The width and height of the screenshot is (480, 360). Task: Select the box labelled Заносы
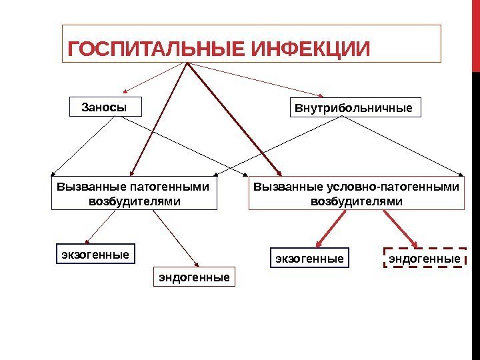pos(105,107)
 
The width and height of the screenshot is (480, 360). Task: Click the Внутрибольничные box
pos(357,107)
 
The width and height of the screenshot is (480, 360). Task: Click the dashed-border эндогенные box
pos(425,257)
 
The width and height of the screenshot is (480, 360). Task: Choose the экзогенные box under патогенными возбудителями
pos(94,255)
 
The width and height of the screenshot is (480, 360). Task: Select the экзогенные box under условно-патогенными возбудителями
pos(309,257)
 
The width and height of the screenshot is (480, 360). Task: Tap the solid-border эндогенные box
pos(195,276)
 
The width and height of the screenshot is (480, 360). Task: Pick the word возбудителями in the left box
pos(135,201)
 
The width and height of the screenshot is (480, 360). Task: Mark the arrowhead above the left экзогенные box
pos(88,239)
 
